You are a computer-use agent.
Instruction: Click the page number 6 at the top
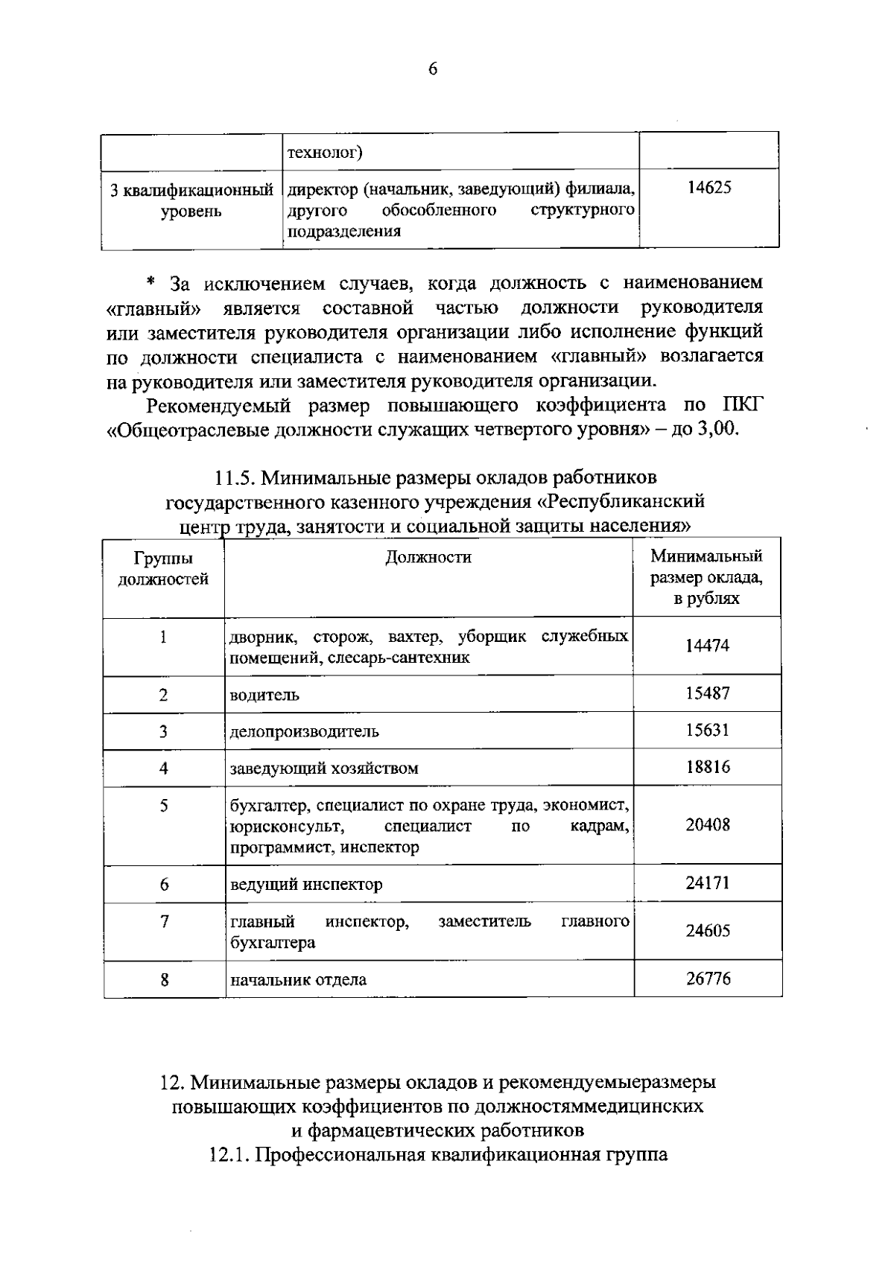pyautogui.click(x=433, y=69)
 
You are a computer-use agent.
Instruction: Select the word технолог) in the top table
pyautogui.click(x=325, y=153)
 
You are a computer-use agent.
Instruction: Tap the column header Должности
pyautogui.click(x=428, y=557)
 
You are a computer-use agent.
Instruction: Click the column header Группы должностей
pyautogui.click(x=164, y=568)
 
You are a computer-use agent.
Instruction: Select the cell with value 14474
pyautogui.click(x=707, y=646)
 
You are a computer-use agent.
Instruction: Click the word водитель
pyautogui.click(x=264, y=695)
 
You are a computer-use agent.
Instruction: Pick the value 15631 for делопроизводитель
pyautogui.click(x=707, y=730)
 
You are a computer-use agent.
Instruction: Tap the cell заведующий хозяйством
pyautogui.click(x=324, y=768)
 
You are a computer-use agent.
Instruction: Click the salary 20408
pyautogui.click(x=707, y=825)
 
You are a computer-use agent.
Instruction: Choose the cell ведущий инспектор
pyautogui.click(x=306, y=885)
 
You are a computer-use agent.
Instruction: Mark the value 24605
pyautogui.click(x=707, y=931)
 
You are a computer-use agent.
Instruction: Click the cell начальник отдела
pyautogui.click(x=298, y=979)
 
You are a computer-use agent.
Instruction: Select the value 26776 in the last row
pyautogui.click(x=707, y=979)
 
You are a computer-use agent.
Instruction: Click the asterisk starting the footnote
pyautogui.click(x=150, y=283)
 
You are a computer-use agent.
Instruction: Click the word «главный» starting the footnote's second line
pyautogui.click(x=154, y=308)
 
